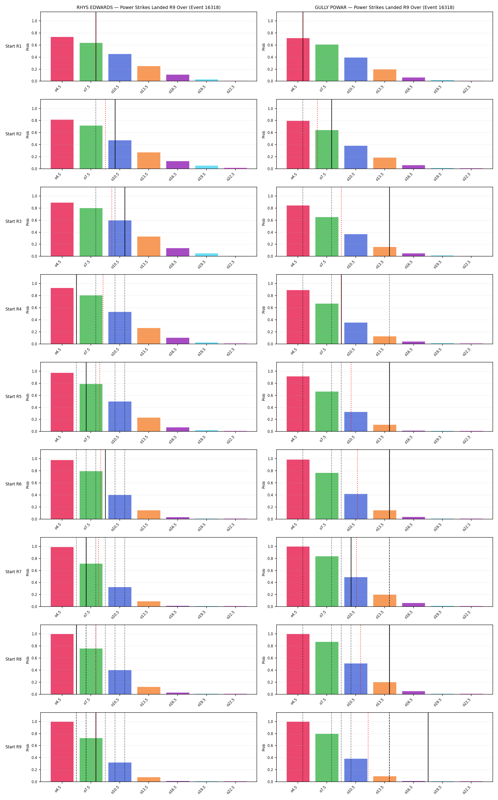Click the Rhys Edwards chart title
coord(148,7)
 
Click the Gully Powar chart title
coord(384,7)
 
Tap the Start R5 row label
coord(14,396)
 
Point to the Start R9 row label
coord(14,747)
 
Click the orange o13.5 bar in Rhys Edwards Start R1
coord(149,73)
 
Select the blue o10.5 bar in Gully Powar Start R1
coord(356,69)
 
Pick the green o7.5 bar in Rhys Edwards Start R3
coord(91,232)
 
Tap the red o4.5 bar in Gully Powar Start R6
coord(298,489)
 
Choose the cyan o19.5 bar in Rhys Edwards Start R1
coord(207,80)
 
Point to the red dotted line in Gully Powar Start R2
coord(318,134)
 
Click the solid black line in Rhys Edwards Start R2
coord(115,134)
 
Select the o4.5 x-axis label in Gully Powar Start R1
coord(294,89)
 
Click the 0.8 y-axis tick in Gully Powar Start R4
coord(270,296)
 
